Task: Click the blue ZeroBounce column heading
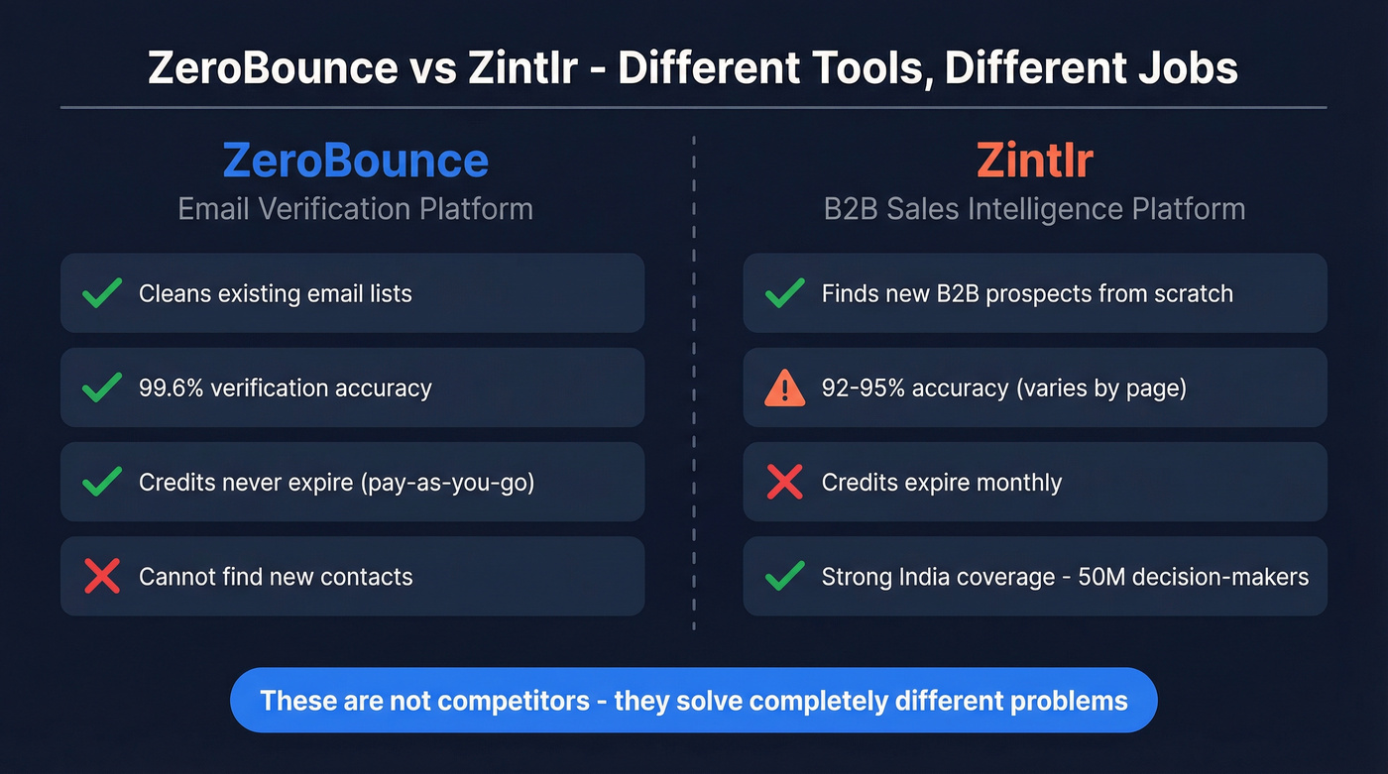click(355, 161)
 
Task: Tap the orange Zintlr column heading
click(1034, 161)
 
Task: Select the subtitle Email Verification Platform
click(355, 209)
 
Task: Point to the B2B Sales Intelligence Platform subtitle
click(1034, 209)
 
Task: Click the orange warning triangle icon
click(784, 387)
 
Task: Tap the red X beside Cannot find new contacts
click(102, 576)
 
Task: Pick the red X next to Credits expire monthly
click(784, 482)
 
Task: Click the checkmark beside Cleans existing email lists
click(102, 293)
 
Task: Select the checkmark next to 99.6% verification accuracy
click(102, 387)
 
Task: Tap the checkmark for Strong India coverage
click(784, 576)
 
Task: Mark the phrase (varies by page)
click(1099, 387)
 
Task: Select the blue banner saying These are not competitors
click(693, 701)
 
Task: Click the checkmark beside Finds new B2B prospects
click(784, 293)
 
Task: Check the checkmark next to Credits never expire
click(102, 482)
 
